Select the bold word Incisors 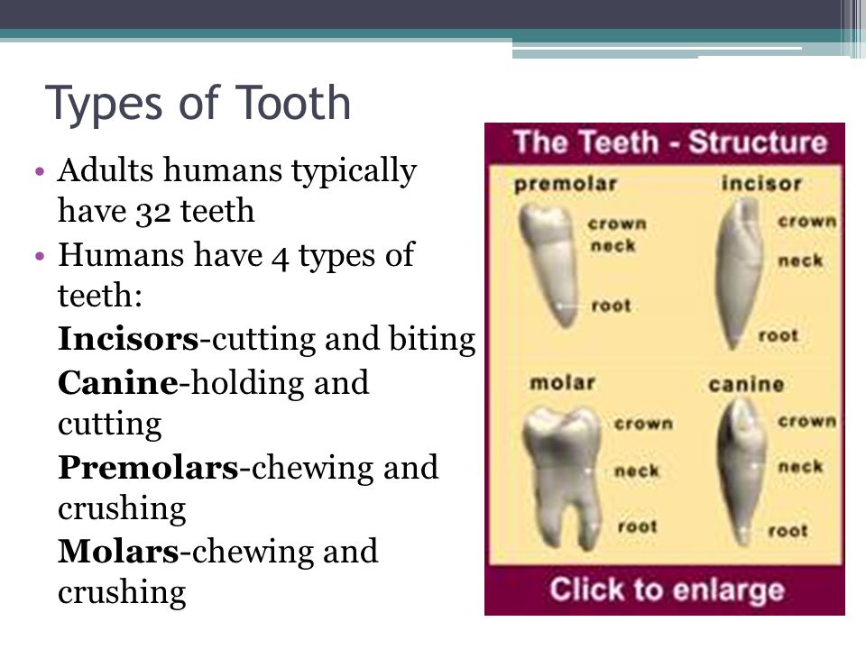(128, 338)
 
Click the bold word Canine (118, 382)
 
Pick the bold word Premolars (148, 468)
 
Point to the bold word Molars (119, 552)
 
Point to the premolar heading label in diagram (565, 184)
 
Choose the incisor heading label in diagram (761, 183)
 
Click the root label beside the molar (638, 526)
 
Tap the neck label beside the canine (800, 467)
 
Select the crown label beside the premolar (617, 224)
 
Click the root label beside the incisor (778, 335)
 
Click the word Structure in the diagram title (758, 142)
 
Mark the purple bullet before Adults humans (39, 171)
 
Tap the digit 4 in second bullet (280, 257)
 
